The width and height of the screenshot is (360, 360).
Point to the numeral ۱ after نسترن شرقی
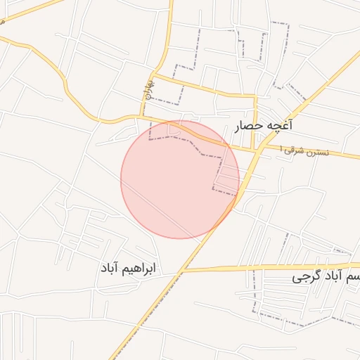coord(282,149)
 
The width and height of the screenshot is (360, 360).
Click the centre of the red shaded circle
coord(180,179)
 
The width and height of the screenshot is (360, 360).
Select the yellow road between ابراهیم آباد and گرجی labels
coord(232,268)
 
